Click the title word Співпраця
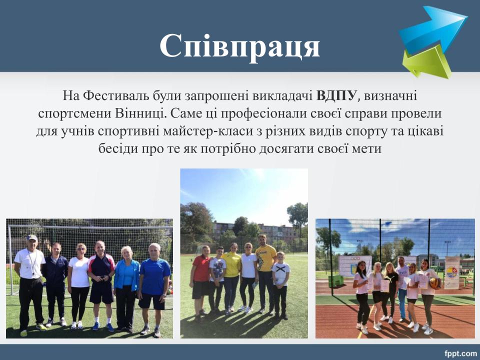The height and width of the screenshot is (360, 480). pyautogui.click(x=239, y=46)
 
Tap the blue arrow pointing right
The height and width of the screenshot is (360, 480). pyautogui.click(x=433, y=29)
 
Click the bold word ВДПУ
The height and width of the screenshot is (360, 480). pyautogui.click(x=336, y=96)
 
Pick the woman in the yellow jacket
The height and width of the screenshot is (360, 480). pyautogui.click(x=231, y=277)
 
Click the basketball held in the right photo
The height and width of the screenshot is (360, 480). pyautogui.click(x=434, y=283)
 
